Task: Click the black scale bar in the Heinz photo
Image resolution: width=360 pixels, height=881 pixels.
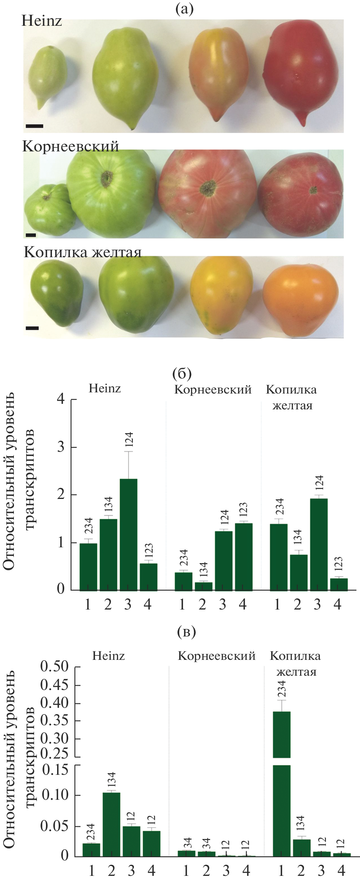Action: tap(34, 126)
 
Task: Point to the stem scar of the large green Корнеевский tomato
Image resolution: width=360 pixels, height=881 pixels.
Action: tap(106, 179)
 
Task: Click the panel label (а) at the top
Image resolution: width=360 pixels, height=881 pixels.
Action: tap(184, 9)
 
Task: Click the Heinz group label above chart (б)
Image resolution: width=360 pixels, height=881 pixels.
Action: tap(105, 388)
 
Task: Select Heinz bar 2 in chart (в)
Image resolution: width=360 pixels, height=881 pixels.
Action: tap(111, 824)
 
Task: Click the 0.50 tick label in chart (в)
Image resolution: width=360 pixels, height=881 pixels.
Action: tap(54, 667)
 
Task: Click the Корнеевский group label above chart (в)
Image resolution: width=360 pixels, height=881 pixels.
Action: tap(216, 656)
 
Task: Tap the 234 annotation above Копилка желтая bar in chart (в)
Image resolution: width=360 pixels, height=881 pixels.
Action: tap(282, 689)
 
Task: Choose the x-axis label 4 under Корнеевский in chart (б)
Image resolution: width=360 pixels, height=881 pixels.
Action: tap(243, 605)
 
